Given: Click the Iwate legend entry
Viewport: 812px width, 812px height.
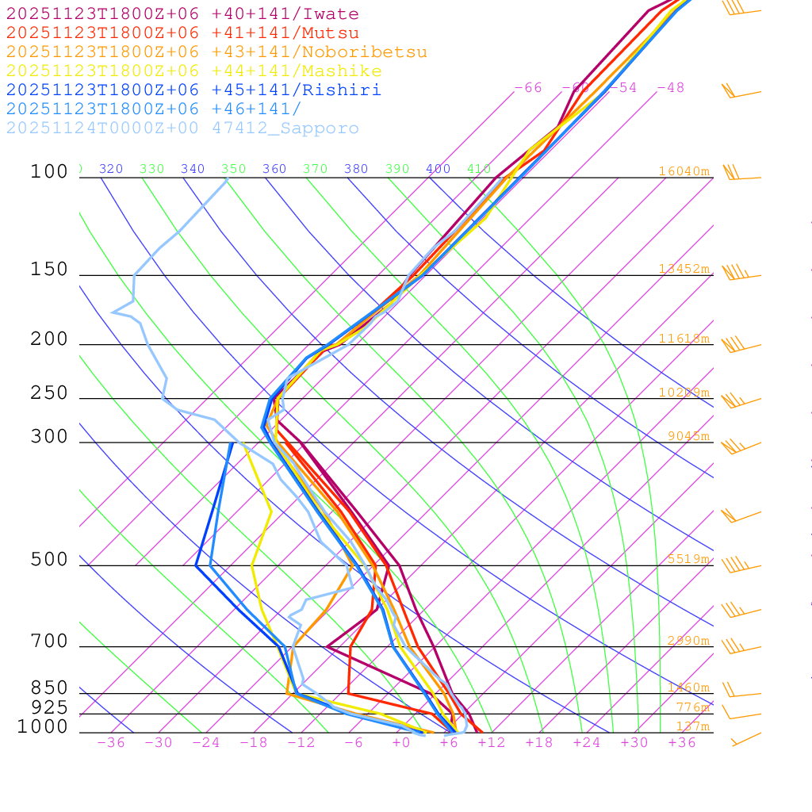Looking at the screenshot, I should click(182, 14).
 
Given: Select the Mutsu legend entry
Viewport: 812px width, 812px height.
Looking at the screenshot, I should click(182, 33).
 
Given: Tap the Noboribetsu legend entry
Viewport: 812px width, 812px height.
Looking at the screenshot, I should click(216, 52).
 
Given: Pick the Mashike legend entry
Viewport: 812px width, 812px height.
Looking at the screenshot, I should click(194, 71).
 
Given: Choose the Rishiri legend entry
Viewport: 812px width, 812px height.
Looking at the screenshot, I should click(194, 90).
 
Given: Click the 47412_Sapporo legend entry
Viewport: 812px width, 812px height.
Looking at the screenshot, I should click(182, 128).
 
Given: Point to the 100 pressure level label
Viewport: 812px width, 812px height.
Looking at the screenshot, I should click(49, 171).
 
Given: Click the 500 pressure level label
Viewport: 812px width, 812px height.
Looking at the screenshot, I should click(49, 560).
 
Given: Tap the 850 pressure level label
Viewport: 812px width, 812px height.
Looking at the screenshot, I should click(49, 688).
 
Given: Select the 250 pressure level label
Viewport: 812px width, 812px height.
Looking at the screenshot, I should click(49, 393).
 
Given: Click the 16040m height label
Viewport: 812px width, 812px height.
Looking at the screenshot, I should click(684, 171).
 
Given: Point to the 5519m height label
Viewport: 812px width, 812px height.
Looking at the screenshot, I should click(688, 559).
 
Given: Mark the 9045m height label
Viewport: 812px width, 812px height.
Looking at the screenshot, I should click(688, 436).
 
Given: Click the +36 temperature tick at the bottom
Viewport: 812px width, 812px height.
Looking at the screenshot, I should click(682, 743).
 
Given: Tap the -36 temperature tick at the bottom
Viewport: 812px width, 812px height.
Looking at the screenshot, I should click(111, 743).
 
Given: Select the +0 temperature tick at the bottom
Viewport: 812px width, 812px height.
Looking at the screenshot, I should click(401, 743).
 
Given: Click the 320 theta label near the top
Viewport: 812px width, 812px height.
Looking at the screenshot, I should click(111, 169).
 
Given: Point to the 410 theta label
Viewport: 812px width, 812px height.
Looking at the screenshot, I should click(478, 169).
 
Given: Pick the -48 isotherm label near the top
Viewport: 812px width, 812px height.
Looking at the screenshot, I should click(670, 88).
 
